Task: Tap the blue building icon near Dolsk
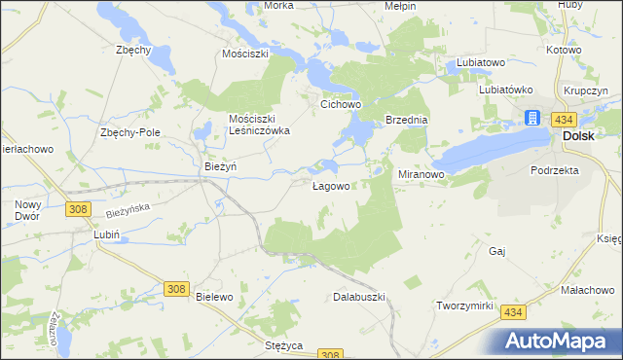click(x=532, y=118)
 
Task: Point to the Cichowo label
click(x=342, y=101)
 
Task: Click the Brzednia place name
click(x=407, y=120)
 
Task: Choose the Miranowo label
click(x=421, y=174)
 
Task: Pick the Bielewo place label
click(x=214, y=296)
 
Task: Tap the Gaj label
click(x=498, y=251)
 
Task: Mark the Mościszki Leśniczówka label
click(x=260, y=124)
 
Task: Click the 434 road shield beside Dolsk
click(x=563, y=118)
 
